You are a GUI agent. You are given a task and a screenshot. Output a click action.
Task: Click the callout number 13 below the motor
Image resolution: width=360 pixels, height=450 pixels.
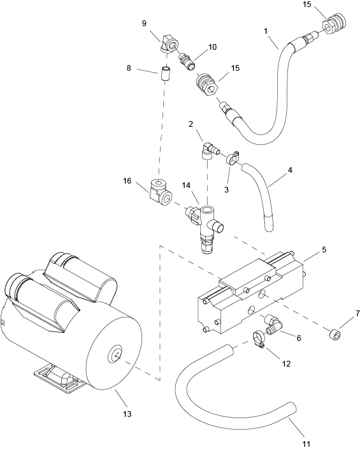click(x=127, y=414)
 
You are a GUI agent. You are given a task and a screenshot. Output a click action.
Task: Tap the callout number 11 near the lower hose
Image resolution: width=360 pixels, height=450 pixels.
click(x=306, y=444)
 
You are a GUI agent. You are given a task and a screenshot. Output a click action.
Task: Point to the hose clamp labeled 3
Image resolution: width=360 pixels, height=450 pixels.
click(x=233, y=159)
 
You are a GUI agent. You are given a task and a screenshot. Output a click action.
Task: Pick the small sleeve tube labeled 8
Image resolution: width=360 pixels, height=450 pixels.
click(x=164, y=74)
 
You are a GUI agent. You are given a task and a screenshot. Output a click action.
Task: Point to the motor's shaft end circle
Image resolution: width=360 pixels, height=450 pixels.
click(x=115, y=354)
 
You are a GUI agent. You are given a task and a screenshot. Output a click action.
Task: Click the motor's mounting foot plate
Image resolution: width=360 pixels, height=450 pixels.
click(x=60, y=379)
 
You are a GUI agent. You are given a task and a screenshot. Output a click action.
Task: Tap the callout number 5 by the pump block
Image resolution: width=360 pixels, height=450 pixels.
click(x=324, y=249)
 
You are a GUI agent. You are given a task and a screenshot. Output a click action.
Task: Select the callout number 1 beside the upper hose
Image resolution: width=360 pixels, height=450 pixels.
click(x=266, y=31)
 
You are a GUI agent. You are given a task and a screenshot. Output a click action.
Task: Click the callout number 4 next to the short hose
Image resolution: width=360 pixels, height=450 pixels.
click(x=290, y=170)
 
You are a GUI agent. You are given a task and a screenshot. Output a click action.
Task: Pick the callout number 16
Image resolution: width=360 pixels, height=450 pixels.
click(x=127, y=181)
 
